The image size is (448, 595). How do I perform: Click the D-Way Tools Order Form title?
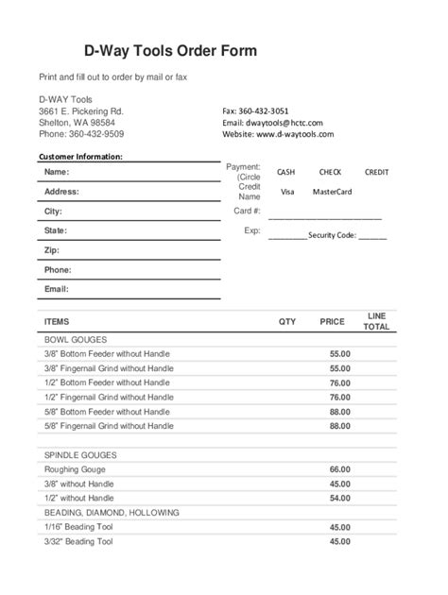coord(171,50)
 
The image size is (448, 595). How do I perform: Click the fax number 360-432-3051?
coord(264,110)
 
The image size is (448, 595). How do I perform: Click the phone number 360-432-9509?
coord(95,135)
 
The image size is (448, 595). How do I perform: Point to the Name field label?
coord(57,172)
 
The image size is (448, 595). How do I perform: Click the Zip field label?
coord(51,250)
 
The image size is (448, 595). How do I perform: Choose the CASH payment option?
coord(285,173)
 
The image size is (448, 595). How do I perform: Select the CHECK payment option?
coord(330,173)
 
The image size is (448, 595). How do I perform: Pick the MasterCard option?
coord(332,192)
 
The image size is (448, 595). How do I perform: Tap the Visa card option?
coord(287,192)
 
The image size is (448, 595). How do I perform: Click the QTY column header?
coord(287,322)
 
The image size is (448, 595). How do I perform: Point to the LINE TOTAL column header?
coord(376,321)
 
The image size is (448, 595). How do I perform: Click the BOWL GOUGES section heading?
coord(75,339)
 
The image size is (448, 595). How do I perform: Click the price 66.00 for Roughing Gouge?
coord(339,469)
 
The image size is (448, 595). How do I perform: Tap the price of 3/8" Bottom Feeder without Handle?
coord(339,353)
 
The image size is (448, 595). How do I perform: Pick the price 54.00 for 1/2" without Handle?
coord(339,498)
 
